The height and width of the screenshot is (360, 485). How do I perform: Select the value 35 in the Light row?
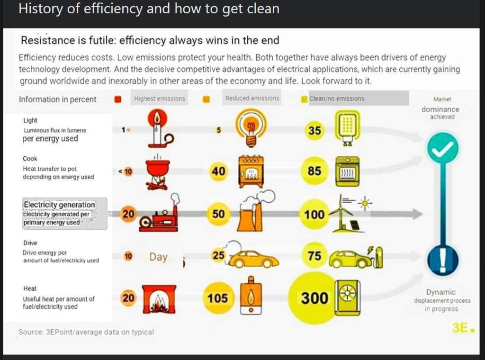point(314,130)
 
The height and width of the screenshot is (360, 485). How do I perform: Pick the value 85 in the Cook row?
point(314,171)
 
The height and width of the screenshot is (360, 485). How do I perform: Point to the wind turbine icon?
point(341,214)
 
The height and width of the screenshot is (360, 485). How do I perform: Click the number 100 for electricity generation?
point(314,214)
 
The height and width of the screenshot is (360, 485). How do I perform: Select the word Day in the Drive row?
point(158,257)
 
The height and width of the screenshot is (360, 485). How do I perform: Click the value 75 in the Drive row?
point(314,256)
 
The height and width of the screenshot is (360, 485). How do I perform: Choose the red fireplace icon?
point(159,299)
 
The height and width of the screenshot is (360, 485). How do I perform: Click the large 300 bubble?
point(314,298)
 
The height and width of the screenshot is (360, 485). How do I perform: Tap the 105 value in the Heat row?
point(218,298)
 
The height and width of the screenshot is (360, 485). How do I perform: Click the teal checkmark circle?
point(443,148)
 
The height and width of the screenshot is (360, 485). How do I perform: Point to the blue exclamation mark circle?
point(443,260)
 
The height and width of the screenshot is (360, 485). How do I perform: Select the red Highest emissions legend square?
point(118,99)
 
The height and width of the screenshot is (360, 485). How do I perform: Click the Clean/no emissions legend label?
point(337,99)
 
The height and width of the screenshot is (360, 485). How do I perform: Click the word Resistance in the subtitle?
point(49,40)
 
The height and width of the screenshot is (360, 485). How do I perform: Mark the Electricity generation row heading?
point(59,205)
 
